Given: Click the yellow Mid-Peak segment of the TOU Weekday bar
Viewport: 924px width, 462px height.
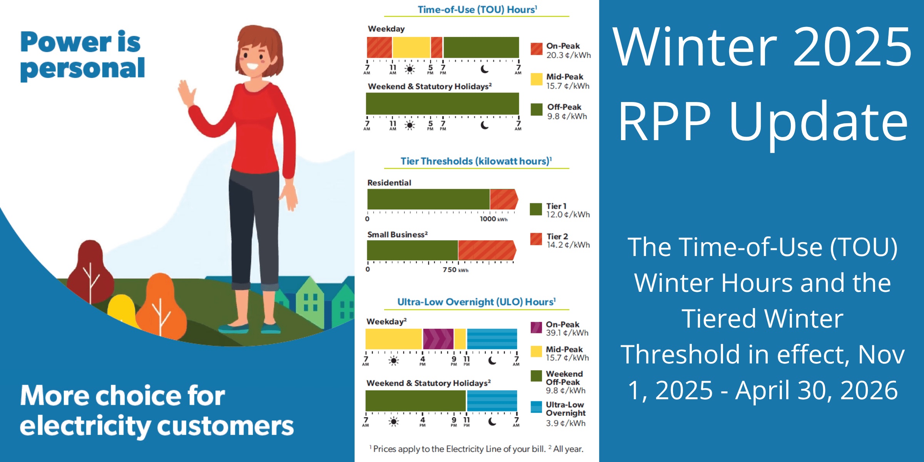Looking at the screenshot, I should pyautogui.click(x=411, y=47).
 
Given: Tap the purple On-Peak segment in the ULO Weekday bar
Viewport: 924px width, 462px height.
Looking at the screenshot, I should pyautogui.click(x=438, y=339).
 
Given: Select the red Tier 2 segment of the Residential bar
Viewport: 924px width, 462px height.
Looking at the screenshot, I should pyautogui.click(x=503, y=199).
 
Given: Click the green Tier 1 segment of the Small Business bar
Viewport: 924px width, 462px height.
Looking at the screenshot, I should pyautogui.click(x=412, y=250).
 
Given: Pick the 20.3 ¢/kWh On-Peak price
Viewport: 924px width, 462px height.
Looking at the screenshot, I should pyautogui.click(x=568, y=55).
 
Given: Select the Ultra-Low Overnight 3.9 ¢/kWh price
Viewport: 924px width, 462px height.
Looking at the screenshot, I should pyautogui.click(x=565, y=423).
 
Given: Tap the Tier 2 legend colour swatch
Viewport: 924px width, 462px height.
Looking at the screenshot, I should pyautogui.click(x=536, y=239).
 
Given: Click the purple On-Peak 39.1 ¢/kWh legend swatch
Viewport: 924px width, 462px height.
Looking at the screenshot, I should pyautogui.click(x=536, y=328).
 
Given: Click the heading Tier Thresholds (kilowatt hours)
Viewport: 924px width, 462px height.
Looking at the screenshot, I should pyautogui.click(x=475, y=161).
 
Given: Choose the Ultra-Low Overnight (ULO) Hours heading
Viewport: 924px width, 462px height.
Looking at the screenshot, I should pyautogui.click(x=476, y=302).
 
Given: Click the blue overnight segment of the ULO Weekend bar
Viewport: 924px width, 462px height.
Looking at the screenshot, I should pyautogui.click(x=492, y=400).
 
